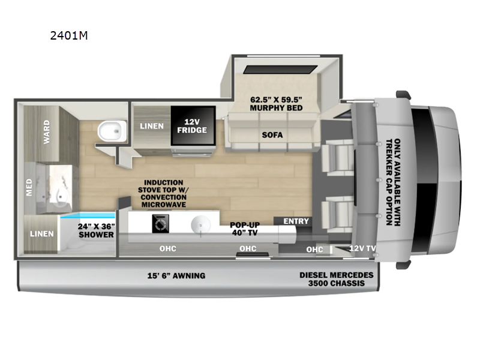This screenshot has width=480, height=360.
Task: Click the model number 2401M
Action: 69,35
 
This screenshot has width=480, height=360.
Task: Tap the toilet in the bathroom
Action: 112,131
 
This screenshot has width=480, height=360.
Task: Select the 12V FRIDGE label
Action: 192,126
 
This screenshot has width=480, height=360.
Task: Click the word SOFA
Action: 272,134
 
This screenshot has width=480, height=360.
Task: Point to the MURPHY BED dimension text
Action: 276,104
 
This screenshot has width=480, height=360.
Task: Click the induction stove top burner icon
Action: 160,223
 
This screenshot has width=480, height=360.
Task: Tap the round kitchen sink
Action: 200,225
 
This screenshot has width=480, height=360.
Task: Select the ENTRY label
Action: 296,221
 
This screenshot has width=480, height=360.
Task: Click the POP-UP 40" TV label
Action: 245,229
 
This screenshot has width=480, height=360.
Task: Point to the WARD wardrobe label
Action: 47,132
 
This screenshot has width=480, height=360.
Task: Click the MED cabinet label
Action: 29,187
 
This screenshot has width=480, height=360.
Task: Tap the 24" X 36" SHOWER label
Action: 96,230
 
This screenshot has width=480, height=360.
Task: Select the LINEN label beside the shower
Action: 42,233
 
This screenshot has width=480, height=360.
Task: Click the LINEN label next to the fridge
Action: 152,126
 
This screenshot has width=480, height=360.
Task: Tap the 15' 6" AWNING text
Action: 176,275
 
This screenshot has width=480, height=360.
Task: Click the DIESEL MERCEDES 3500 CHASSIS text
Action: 337,279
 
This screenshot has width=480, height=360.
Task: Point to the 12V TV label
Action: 362,248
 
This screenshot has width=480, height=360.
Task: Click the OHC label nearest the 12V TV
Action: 314,250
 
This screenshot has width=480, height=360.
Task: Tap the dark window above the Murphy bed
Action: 280,70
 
